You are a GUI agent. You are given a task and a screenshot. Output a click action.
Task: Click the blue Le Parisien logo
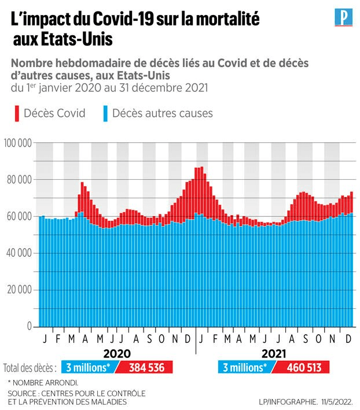[x=344, y=17]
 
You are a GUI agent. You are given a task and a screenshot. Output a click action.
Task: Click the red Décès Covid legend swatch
[x=16, y=113]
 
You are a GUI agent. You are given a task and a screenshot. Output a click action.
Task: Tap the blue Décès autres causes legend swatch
[x=105, y=113]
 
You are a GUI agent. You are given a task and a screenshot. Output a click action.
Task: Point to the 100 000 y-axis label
[x=17, y=142]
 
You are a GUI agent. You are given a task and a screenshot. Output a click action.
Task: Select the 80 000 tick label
[x=19, y=179]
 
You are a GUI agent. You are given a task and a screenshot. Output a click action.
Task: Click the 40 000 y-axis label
[x=19, y=253]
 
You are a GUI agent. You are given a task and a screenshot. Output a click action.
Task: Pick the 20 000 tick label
[x=19, y=290]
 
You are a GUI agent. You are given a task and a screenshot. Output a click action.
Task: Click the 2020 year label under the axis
[x=117, y=353]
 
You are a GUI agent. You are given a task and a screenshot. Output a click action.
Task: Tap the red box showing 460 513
[x=300, y=367]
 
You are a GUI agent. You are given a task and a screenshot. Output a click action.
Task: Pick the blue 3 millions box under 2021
[x=245, y=367]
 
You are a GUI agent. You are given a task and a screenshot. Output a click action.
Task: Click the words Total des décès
[x=30, y=368]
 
